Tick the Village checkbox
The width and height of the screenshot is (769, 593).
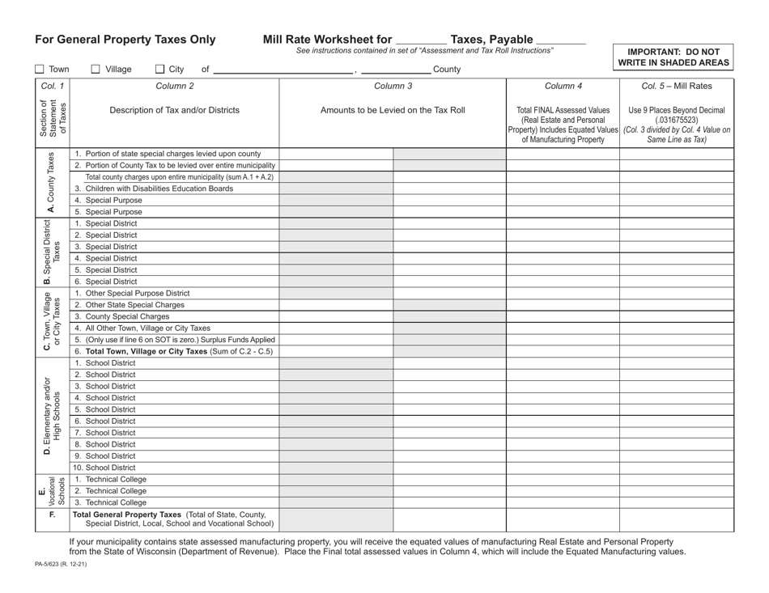click(x=96, y=70)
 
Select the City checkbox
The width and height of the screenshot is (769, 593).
click(x=159, y=70)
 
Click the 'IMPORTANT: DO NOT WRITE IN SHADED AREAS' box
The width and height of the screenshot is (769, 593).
click(x=673, y=56)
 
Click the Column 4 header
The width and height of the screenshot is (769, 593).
click(x=563, y=85)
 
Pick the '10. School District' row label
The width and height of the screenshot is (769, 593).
click(x=104, y=467)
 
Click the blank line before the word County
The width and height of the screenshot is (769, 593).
click(x=396, y=70)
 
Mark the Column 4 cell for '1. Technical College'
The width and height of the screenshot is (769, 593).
click(x=563, y=479)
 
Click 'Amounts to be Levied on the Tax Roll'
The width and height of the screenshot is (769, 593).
click(x=393, y=110)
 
